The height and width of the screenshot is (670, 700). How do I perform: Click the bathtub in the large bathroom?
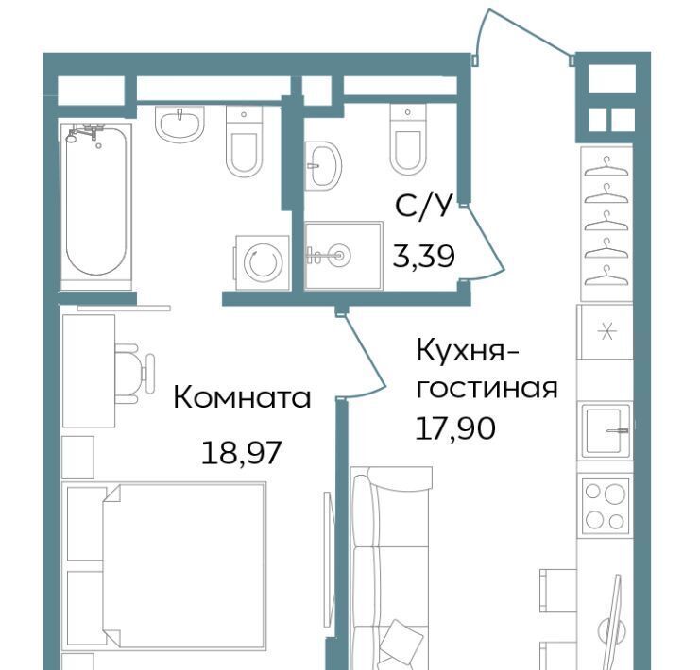coord(96,202)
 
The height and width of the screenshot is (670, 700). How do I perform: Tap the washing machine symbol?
coord(262,262)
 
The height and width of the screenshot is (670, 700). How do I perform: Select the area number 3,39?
coord(423,257)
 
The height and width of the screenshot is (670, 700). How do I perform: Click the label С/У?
coord(421,206)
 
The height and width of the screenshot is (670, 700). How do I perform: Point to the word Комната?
coord(242,397)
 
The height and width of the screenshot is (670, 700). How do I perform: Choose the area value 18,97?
coord(241,452)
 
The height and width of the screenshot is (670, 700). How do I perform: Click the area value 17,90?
coord(455,427)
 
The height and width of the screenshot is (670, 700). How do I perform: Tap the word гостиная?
coord(487,389)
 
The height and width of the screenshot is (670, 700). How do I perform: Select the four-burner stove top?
coord(605,506)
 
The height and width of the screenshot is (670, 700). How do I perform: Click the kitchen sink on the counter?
coord(606,431)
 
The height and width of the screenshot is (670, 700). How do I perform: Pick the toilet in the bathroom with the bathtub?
coord(244,142)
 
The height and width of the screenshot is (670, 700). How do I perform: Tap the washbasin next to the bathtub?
coord(179,124)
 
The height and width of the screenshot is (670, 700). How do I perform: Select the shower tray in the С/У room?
coord(343,256)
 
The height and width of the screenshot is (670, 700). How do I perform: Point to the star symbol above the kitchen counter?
coord(606,332)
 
